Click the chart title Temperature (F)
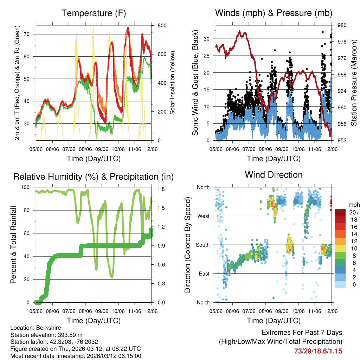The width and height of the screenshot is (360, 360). (94, 13)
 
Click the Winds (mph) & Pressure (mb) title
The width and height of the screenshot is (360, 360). (274, 13)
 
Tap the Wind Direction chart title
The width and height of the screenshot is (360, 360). (274, 175)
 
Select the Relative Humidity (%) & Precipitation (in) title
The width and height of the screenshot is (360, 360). (94, 176)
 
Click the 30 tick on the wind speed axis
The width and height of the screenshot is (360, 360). (207, 39)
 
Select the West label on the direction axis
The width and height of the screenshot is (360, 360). (203, 216)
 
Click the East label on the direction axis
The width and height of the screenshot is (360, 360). (204, 274)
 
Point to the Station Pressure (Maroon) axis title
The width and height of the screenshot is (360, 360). (354, 83)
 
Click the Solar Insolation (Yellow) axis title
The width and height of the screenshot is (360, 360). (173, 83)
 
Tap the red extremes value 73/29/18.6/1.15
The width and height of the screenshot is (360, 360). (318, 351)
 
